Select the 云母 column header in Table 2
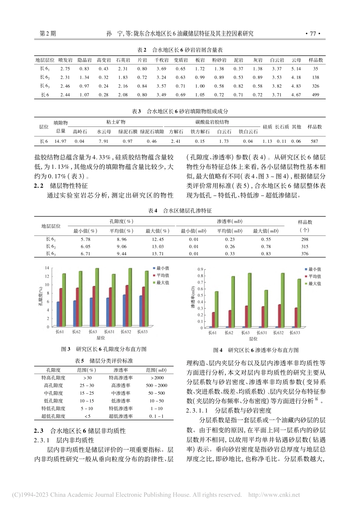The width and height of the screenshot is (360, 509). (296, 60)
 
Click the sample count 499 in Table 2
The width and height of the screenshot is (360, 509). (316, 95)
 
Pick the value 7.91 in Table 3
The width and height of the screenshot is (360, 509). (103, 141)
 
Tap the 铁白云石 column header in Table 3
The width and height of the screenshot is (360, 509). (248, 132)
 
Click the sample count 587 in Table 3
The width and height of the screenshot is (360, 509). (315, 141)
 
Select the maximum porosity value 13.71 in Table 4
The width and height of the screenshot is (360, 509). (158, 254)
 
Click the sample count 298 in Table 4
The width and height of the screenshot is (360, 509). (304, 239)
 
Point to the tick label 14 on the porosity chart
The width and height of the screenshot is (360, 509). (47, 268)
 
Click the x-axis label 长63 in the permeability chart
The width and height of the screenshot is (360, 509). (245, 333)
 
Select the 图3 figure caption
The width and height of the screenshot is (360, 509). (103, 349)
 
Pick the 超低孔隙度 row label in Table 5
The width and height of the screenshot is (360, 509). (53, 416)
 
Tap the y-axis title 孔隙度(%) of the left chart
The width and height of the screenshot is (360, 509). (41, 297)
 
